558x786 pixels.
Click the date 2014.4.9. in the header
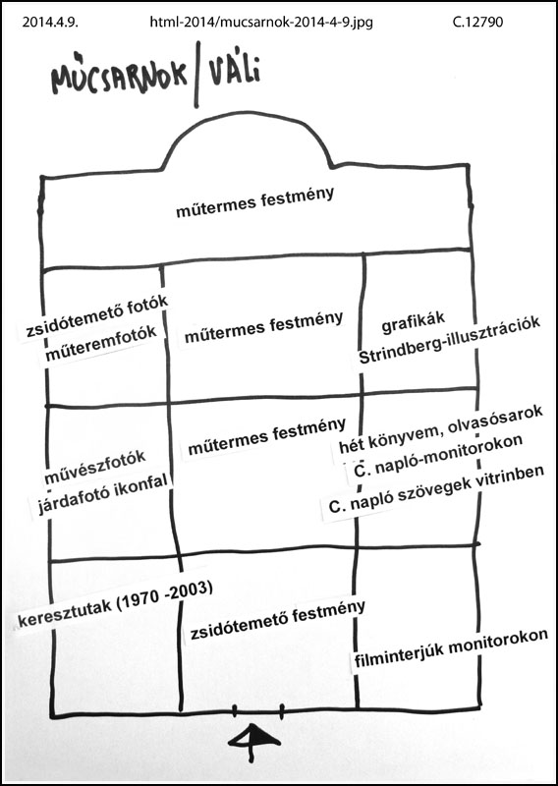(50, 23)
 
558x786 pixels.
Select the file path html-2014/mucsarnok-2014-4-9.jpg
(261, 23)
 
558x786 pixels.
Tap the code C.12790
(477, 23)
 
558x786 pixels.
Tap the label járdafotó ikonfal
(102, 493)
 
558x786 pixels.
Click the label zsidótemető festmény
(277, 620)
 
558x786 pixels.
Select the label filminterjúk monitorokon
(451, 649)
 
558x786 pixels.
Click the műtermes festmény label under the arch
(255, 202)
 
